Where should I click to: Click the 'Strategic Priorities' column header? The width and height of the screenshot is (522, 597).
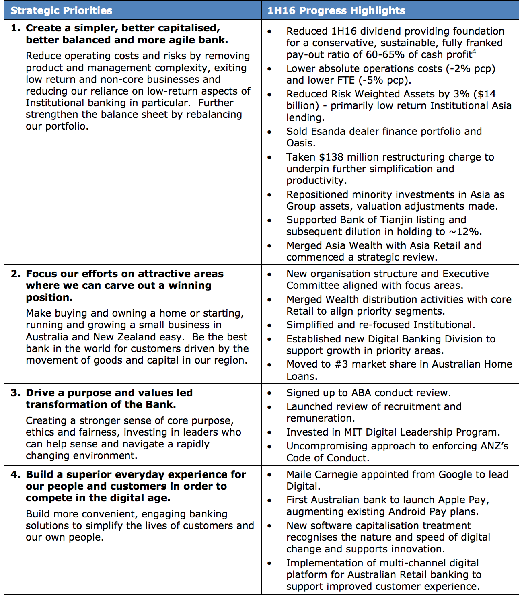coord(61,10)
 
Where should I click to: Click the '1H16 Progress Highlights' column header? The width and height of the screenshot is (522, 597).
coord(336,10)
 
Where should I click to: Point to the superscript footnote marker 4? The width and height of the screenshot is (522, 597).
coord(474,51)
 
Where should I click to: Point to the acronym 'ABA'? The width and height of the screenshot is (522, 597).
coord(362,393)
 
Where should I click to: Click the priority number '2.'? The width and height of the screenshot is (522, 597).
coord(16,274)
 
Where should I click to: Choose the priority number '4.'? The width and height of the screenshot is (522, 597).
coord(16,475)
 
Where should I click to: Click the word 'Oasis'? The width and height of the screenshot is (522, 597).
coord(300,143)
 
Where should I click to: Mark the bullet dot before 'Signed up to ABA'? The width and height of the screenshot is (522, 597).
coord(269,393)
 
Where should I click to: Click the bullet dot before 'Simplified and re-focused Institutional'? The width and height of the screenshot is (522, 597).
coord(269,325)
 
